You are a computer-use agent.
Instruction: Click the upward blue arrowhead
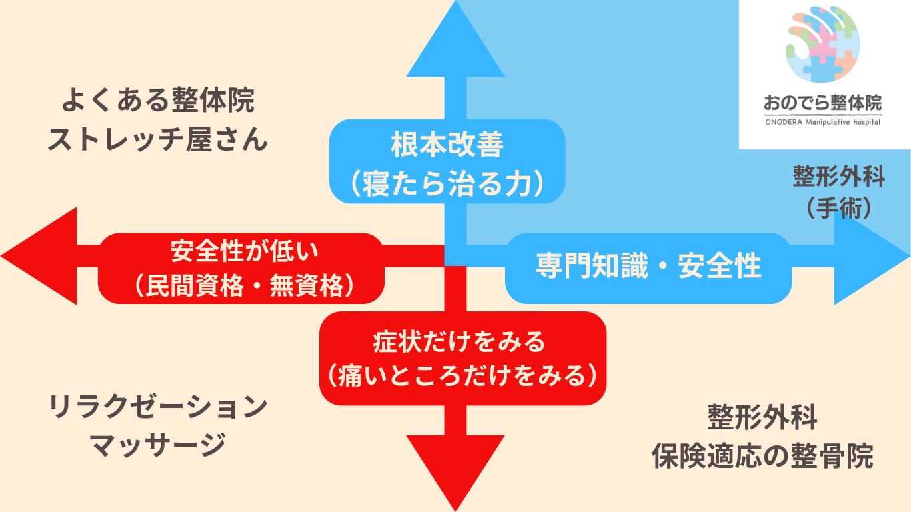455,47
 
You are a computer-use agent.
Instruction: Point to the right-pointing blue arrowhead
870,256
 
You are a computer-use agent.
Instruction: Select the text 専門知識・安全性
648,267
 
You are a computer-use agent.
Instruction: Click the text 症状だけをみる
460,342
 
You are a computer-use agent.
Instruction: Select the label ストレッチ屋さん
158,140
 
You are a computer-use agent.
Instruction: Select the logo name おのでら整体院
823,103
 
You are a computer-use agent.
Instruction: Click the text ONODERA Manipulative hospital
823,122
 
